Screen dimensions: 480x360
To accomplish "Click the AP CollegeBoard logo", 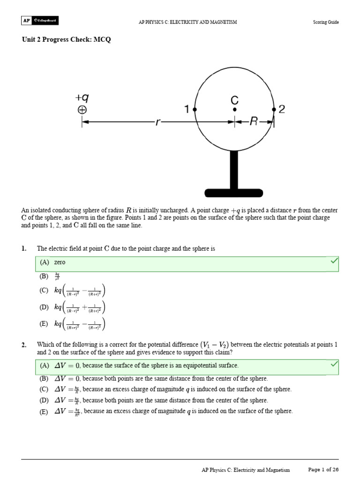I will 40,21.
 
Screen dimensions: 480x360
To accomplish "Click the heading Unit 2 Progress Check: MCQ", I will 67,40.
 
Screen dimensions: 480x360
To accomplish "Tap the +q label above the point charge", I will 82,97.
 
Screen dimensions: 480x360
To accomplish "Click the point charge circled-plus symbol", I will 82,110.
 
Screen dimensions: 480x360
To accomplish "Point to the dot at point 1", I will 195,109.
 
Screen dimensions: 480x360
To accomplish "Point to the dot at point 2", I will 274,109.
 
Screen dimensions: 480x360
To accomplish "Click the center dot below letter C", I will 234,110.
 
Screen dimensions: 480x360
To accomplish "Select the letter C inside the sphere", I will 234,100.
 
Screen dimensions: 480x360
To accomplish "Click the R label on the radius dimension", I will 254,122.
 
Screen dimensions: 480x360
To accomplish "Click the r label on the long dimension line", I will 157,122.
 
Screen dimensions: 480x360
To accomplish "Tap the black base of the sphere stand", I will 233,192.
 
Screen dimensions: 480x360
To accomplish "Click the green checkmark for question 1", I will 334,261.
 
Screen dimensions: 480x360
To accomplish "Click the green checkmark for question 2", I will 334,364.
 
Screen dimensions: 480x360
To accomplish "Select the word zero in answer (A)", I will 60,262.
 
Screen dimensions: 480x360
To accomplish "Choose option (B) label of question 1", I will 44,276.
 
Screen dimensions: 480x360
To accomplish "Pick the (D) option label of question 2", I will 44,400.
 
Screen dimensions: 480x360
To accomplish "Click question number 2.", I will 24,345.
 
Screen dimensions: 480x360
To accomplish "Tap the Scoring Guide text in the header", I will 326,22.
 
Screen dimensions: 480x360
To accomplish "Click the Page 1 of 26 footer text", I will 323,469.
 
